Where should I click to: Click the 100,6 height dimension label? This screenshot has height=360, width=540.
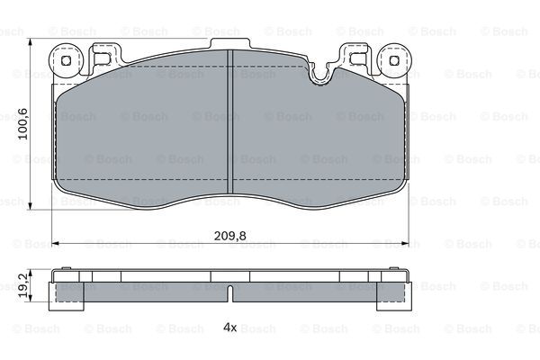coord(23,123)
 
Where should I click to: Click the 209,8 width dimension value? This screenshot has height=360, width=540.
coord(230,236)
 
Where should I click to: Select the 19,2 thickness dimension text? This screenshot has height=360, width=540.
coord(23,286)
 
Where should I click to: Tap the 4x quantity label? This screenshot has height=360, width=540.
coord(230,327)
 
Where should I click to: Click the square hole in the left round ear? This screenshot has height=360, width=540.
coord(66,61)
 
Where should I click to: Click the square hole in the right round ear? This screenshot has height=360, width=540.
coord(394,61)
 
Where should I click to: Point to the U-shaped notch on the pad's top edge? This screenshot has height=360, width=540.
coord(319,75)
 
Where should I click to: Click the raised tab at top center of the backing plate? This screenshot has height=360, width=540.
coord(230,44)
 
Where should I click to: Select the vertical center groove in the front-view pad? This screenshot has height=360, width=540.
coord(230,121)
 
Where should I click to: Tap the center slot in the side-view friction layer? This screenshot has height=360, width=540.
coord(230,293)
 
